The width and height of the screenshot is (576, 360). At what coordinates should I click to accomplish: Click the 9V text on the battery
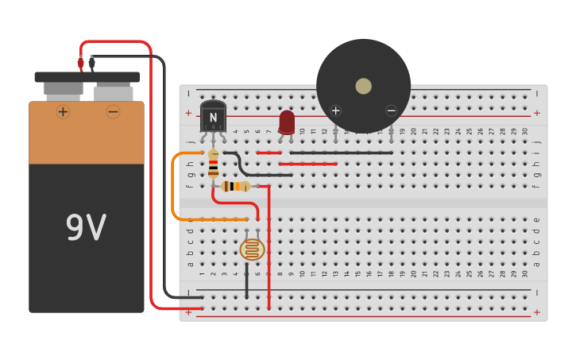coord(86,229)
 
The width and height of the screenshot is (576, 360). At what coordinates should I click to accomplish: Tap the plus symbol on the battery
coord(63,111)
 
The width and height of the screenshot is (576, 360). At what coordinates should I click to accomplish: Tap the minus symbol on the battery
coord(113,111)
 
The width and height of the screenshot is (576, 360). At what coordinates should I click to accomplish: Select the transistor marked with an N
coord(213,116)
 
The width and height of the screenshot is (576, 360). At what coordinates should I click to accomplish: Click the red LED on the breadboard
coord(287,122)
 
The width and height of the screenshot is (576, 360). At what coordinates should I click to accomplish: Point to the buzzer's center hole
coord(363,86)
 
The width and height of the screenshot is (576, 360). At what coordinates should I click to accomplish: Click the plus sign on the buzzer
coord(335,110)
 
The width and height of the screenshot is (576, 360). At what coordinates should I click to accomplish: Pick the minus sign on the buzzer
coord(391,110)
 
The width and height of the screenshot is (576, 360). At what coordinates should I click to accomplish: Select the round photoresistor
coord(252,250)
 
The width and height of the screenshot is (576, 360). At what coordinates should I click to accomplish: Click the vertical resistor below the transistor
coord(213,164)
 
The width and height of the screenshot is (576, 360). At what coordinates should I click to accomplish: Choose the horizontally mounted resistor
coord(236,186)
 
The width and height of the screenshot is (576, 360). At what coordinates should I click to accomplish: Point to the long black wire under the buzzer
coord(342,153)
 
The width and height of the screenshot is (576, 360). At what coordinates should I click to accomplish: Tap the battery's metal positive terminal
coord(63,89)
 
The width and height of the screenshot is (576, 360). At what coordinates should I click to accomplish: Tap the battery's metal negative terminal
coord(113,92)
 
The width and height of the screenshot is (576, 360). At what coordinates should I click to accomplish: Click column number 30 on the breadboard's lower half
coord(525,274)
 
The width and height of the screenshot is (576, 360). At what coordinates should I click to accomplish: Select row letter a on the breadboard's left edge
coord(190,264)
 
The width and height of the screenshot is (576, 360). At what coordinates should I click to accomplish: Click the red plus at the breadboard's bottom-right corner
coord(536,312)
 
